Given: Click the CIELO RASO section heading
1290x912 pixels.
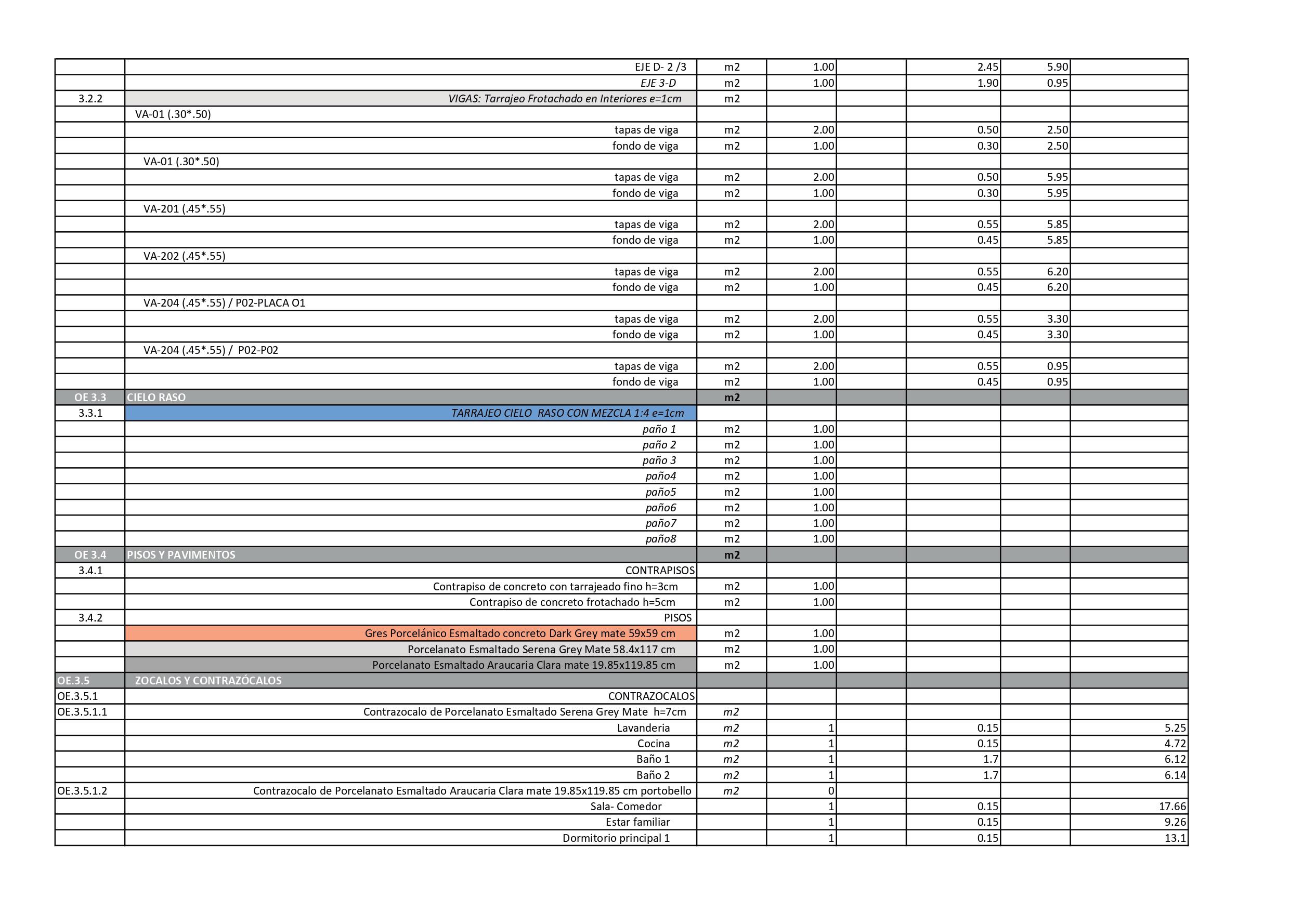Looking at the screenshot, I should tap(156, 398).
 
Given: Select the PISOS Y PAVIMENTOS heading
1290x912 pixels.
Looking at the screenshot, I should tap(181, 555).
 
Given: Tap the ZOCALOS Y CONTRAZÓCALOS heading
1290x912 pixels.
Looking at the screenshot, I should tap(208, 681).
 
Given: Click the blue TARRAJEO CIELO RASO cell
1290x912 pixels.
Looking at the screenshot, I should tap(567, 413).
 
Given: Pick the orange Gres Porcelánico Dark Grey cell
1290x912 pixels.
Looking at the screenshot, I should tap(520, 633).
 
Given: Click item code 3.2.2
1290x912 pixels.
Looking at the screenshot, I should tap(90, 99).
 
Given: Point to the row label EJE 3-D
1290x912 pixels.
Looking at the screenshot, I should tap(658, 83).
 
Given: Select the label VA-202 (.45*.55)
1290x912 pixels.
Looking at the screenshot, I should tap(184, 256).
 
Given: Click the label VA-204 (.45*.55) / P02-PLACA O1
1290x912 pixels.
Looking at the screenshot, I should tap(224, 303).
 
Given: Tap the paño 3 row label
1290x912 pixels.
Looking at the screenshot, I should tap(659, 460).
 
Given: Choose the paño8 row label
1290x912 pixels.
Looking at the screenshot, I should tap(660, 539).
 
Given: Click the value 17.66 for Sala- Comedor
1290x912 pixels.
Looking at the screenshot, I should tap(1171, 807).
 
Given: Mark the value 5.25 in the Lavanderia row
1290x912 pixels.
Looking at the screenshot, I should tap(1175, 728).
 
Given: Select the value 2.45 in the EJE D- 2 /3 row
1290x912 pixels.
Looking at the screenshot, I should tap(987, 68).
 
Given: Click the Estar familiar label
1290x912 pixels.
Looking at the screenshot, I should tap(637, 822).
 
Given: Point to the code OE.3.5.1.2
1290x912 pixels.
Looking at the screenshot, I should tap(82, 791).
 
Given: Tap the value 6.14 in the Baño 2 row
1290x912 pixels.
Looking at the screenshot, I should tap(1175, 775).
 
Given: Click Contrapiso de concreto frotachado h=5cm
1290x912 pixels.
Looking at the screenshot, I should tap(572, 602).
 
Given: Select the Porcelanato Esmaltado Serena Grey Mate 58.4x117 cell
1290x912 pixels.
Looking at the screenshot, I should tap(541, 649).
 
